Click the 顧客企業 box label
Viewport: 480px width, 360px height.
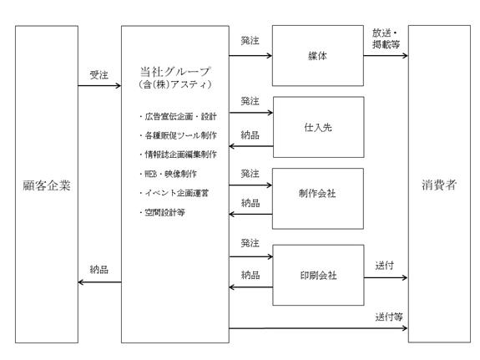click(47, 185)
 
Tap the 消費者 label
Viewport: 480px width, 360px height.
click(439, 185)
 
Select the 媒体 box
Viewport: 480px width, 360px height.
click(318, 55)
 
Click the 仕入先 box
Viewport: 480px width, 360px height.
click(318, 127)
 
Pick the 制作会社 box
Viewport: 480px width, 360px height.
click(318, 199)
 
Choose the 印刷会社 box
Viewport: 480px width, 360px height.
click(318, 275)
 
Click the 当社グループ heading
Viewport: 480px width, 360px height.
click(174, 72)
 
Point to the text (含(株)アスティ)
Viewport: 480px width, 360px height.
click(174, 84)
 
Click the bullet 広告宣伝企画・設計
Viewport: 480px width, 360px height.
click(178, 116)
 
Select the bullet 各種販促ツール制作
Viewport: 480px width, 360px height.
click(178, 135)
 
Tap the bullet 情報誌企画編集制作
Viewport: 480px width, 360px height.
click(178, 155)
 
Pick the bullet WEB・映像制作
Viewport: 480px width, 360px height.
click(168, 174)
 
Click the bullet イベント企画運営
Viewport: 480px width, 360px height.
click(174, 193)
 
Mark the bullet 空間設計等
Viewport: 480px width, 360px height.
click(162, 212)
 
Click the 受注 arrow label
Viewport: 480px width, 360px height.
click(99, 75)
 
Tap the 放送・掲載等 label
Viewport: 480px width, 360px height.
click(386, 38)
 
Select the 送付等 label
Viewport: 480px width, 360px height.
click(389, 317)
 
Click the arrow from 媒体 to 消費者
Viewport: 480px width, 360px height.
click(386, 55)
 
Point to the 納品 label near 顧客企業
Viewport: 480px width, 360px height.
click(99, 269)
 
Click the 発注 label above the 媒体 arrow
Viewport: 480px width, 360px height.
click(250, 40)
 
